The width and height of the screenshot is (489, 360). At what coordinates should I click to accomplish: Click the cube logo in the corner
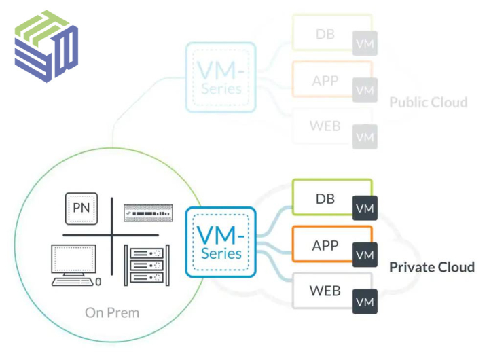click(46, 46)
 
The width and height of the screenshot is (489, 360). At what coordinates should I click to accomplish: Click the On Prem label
click(112, 312)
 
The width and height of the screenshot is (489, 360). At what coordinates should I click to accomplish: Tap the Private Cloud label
click(431, 266)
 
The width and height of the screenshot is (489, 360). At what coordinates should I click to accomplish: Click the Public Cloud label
click(428, 103)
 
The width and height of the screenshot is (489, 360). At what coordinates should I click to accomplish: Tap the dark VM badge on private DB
click(365, 209)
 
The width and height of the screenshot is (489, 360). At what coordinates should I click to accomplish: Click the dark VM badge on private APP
click(365, 255)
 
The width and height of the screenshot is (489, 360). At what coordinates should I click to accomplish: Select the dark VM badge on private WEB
click(365, 302)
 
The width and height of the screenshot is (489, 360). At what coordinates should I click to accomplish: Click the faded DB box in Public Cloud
click(325, 33)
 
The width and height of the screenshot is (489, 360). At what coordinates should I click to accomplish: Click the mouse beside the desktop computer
click(99, 281)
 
